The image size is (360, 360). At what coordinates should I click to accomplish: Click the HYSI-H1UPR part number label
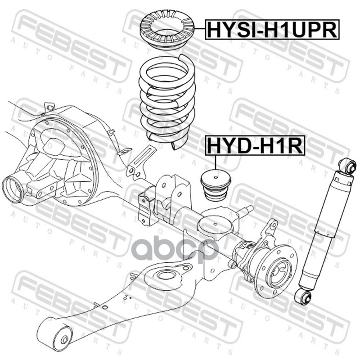272,29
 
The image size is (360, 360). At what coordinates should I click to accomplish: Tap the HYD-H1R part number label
255,145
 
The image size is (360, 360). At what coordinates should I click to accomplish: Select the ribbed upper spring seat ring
167,30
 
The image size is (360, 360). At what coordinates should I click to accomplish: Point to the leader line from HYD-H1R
216,162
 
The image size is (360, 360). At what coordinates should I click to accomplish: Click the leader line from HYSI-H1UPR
200,28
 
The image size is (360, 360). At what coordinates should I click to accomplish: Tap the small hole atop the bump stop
216,177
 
